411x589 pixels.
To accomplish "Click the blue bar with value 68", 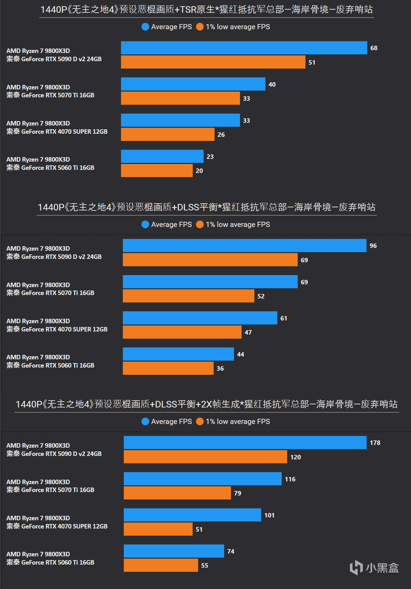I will (x=244, y=48).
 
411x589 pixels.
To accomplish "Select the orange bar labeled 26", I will (x=168, y=134).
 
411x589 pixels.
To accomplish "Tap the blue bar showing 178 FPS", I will (x=245, y=443).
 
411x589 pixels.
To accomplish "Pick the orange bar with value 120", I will (x=205, y=457).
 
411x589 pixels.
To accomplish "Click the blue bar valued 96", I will (x=244, y=246).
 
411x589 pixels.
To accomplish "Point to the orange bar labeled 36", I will (x=168, y=368).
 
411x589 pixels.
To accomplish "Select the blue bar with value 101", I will (x=192, y=515).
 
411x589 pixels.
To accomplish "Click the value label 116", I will (x=290, y=479).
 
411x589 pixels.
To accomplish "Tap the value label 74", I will (x=231, y=551).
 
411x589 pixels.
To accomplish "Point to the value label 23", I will (x=210, y=156).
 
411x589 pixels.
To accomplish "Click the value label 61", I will (x=284, y=318).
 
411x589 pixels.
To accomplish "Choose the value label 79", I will (x=238, y=493).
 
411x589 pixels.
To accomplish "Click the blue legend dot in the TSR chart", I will (x=145, y=27).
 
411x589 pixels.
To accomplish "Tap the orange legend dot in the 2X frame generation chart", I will (x=200, y=422).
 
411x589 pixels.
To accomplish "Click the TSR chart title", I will (x=207, y=10).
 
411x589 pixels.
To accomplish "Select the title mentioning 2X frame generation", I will (x=207, y=404).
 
